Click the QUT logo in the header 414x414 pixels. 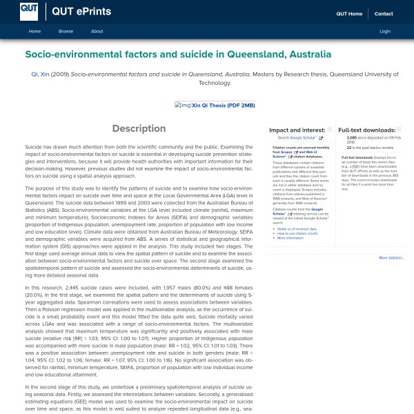(x=28, y=11)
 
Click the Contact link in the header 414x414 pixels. (x=384, y=14)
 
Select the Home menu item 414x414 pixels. (x=34, y=32)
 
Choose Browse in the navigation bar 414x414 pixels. (x=66, y=32)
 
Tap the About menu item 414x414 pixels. (x=97, y=32)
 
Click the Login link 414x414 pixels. (x=385, y=32)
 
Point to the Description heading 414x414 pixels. (x=139, y=129)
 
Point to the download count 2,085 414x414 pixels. (x=352, y=138)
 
